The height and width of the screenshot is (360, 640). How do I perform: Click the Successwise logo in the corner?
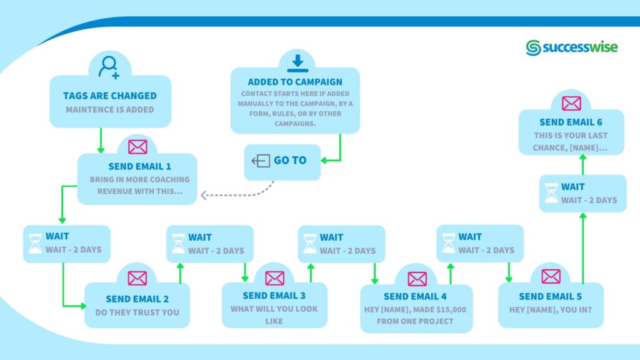(x=571, y=47)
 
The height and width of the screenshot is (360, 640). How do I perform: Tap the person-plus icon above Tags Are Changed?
(x=109, y=66)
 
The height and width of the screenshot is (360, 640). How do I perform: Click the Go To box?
(x=282, y=161)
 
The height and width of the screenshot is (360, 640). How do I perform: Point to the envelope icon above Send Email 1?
(x=137, y=147)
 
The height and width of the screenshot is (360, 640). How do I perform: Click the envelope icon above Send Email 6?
(x=571, y=103)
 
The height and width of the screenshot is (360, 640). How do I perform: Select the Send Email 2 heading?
(x=137, y=299)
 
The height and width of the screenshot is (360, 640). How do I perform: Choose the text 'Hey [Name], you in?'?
(x=550, y=309)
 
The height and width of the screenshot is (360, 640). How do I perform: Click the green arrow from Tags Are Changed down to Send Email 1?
(x=101, y=140)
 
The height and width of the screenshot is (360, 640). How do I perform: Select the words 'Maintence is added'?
(x=109, y=109)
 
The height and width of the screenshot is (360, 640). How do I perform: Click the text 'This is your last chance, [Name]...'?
(x=571, y=141)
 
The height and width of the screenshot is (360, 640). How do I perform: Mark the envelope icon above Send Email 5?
(x=551, y=276)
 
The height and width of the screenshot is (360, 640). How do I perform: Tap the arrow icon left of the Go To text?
(x=260, y=161)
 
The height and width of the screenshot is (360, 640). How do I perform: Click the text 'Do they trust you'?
(x=137, y=312)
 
